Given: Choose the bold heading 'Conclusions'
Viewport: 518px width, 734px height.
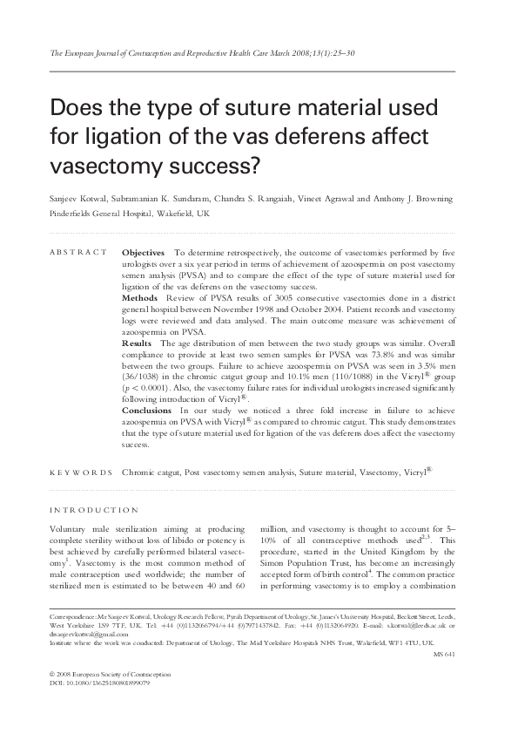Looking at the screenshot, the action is click(146, 409).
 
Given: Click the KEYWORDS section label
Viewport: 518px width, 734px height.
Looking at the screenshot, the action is click(81, 473).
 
